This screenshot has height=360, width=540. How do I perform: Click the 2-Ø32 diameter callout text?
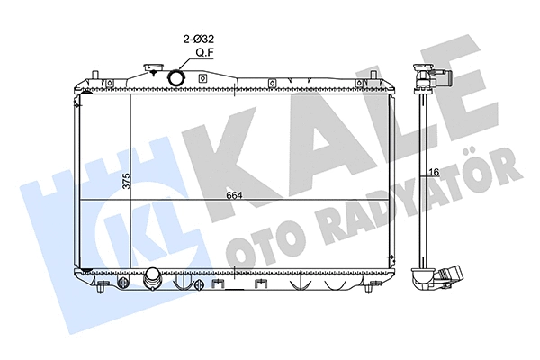198,39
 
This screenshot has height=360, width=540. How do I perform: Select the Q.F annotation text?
205,52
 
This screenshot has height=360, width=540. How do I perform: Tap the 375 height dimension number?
127,181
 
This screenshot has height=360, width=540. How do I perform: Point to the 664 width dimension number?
234,195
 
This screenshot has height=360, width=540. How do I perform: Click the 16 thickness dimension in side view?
435,172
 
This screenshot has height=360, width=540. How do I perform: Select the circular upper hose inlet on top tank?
176,77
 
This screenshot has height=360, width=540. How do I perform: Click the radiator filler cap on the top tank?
151,67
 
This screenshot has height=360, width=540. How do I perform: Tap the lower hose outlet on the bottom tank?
153,279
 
